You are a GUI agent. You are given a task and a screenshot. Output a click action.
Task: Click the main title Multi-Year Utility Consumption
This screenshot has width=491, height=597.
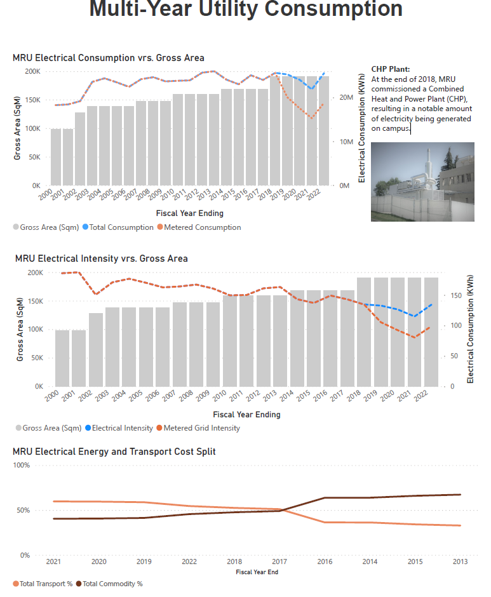click(x=246, y=9)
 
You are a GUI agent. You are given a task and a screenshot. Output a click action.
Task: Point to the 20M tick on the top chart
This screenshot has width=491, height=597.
click(x=346, y=97)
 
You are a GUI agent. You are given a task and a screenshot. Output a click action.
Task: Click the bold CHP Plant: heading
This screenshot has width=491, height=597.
click(x=391, y=69)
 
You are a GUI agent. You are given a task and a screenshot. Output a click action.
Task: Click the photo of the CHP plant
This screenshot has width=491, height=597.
click(x=422, y=182)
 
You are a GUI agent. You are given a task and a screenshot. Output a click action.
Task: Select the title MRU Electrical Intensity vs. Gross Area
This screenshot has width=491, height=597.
click(x=102, y=258)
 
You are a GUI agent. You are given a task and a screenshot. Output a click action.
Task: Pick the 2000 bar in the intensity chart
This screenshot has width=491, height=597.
click(x=62, y=358)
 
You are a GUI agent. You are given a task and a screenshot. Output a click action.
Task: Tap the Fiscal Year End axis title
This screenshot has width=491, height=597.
click(x=256, y=572)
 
